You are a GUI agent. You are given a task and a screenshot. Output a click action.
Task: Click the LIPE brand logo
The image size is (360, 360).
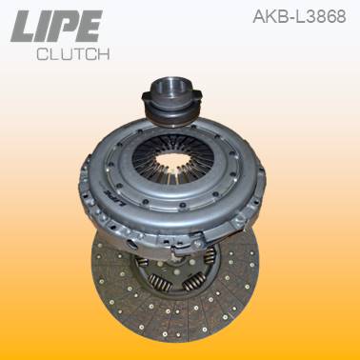[x=57, y=27]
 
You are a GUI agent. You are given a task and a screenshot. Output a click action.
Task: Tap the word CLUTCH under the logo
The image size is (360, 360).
[x=71, y=53]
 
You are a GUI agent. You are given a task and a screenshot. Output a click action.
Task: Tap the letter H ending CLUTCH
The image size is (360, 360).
[x=102, y=53]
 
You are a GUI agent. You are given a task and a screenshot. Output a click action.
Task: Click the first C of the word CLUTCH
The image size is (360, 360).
[x=41, y=53]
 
